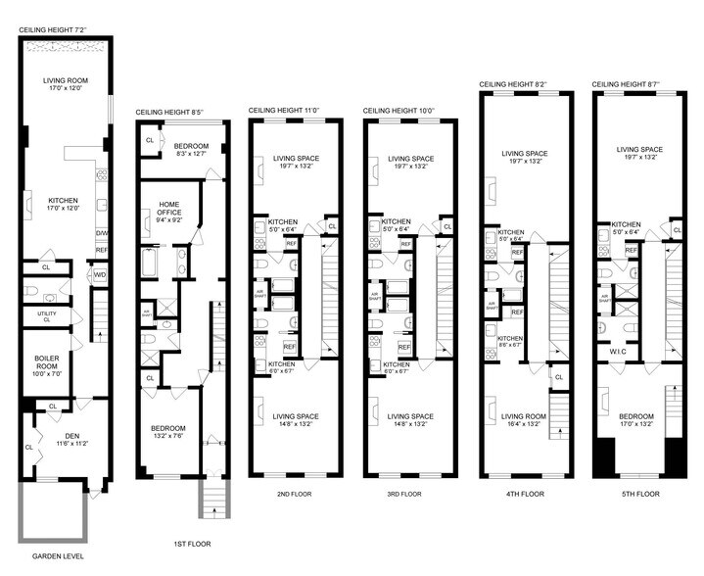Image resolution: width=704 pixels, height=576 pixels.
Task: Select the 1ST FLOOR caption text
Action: tap(184, 543)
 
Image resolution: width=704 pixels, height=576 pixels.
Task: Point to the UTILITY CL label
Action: tap(44, 315)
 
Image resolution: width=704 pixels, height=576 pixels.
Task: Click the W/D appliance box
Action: tap(100, 274)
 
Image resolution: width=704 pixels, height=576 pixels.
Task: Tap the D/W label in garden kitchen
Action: tap(101, 232)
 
